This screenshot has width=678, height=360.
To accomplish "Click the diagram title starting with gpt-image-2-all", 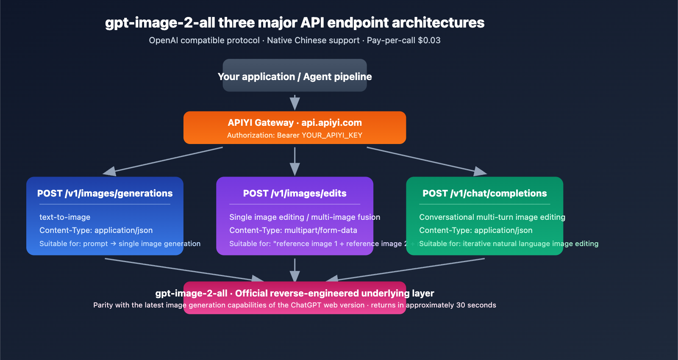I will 295,22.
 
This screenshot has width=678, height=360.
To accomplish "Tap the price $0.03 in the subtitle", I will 429,40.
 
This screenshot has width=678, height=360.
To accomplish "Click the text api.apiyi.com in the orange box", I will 331,123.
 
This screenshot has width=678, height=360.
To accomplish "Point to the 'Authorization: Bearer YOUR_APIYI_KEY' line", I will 295,135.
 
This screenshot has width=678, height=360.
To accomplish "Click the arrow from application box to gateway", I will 295,102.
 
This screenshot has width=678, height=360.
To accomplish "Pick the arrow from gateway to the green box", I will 426,160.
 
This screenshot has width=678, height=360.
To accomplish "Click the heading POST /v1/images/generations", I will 105,194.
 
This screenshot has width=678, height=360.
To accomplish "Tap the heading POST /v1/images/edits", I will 295,194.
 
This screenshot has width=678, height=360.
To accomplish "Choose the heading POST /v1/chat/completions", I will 484,194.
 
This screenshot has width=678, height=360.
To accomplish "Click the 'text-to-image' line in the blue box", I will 65,217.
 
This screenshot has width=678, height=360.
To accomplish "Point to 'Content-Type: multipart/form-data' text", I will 293,230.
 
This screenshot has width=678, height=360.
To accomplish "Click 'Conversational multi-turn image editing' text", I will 492,217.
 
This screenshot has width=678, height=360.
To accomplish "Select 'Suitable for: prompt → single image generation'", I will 120,244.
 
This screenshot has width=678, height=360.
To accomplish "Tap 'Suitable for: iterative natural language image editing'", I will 508,244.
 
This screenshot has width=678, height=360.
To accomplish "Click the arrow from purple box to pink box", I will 295,270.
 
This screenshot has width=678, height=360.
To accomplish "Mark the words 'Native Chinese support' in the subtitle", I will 313,40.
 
